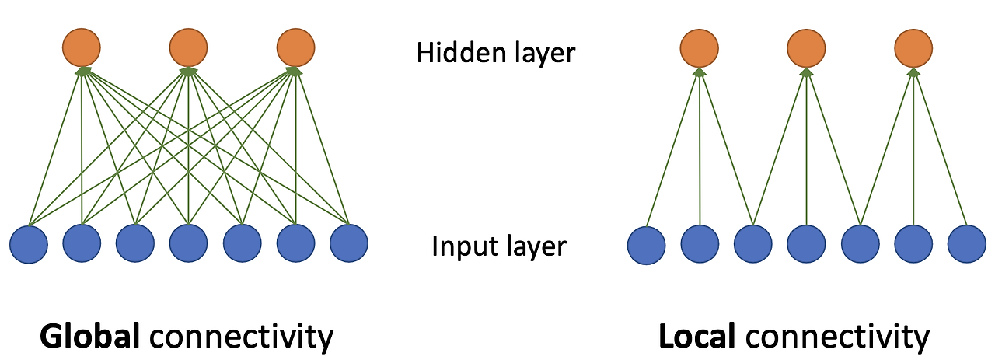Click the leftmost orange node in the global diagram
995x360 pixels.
pyautogui.click(x=81, y=47)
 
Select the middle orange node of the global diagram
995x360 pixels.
pyautogui.click(x=188, y=47)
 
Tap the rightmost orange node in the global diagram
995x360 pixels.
pyautogui.click(x=295, y=47)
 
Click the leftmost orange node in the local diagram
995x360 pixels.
pyautogui.click(x=699, y=48)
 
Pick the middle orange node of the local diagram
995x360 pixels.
pyautogui.click(x=806, y=48)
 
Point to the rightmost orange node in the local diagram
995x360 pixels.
pyautogui.click(x=913, y=48)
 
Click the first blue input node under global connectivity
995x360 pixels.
pyautogui.click(x=29, y=244)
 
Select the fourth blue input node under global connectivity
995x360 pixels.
pyautogui.click(x=189, y=244)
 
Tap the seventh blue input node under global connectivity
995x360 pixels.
pyautogui.click(x=349, y=244)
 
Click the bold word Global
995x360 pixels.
pyautogui.click(x=90, y=337)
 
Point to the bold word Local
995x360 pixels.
pyautogui.click(x=696, y=337)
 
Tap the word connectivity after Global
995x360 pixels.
pyautogui.click(x=241, y=337)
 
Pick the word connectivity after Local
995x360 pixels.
pyautogui.click(x=836, y=337)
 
